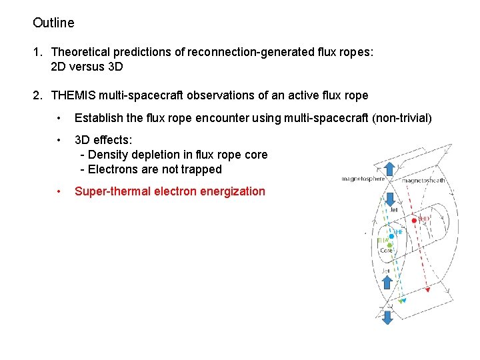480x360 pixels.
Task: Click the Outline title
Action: point(53,23)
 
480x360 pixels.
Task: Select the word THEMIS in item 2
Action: point(75,95)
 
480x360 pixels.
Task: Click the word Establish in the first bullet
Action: point(99,118)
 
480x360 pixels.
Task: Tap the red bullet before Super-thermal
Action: point(60,191)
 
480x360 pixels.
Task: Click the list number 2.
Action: point(37,95)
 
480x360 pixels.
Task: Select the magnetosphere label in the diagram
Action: point(363,179)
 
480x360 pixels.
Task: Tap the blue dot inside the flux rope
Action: point(391,235)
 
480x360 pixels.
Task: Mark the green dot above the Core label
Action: point(389,245)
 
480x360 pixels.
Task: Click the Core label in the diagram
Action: point(386,251)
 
